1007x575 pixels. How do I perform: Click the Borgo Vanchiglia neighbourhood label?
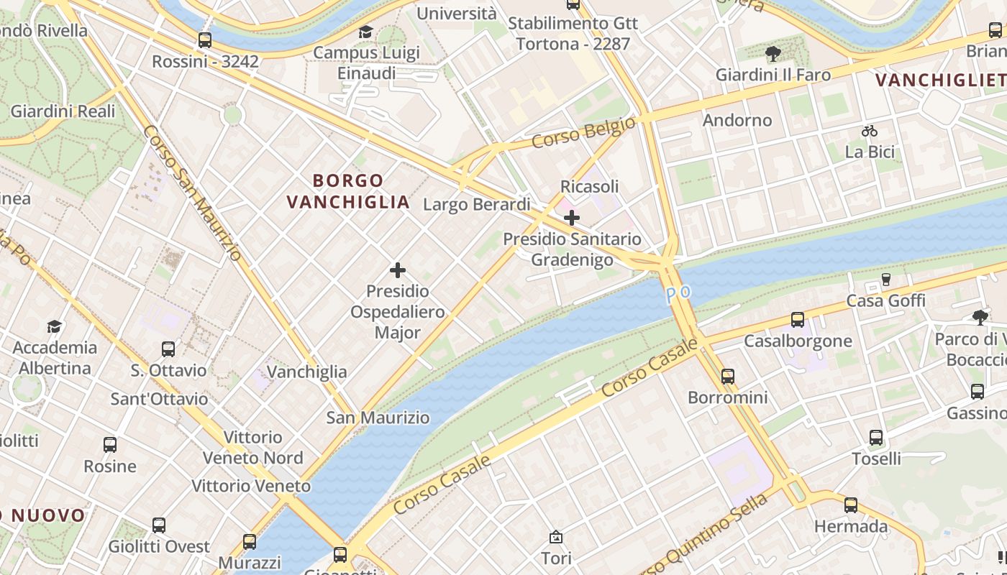(x=348, y=191)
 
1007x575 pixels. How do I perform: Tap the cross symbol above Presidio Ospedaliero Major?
(x=398, y=270)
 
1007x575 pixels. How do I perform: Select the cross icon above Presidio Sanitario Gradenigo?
(x=572, y=217)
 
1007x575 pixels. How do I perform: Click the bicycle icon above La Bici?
(x=870, y=131)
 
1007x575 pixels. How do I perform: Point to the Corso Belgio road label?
(x=583, y=133)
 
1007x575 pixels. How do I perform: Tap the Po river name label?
(x=678, y=293)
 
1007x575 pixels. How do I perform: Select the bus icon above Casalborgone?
(x=798, y=320)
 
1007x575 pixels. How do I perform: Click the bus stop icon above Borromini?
(x=728, y=376)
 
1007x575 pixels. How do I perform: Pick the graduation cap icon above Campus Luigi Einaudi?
(x=365, y=32)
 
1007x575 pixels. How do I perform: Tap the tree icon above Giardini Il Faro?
(x=773, y=53)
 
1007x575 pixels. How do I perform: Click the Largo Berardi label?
(x=477, y=205)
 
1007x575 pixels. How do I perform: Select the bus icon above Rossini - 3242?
(x=205, y=40)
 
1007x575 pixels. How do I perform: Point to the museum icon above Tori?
(x=556, y=537)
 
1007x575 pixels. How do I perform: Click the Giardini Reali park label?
(x=63, y=111)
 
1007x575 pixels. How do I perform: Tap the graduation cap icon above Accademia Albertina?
(x=55, y=327)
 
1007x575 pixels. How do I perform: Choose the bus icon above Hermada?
(x=851, y=505)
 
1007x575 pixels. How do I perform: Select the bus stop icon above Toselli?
(x=876, y=437)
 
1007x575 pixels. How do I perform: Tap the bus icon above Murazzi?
(x=250, y=541)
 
